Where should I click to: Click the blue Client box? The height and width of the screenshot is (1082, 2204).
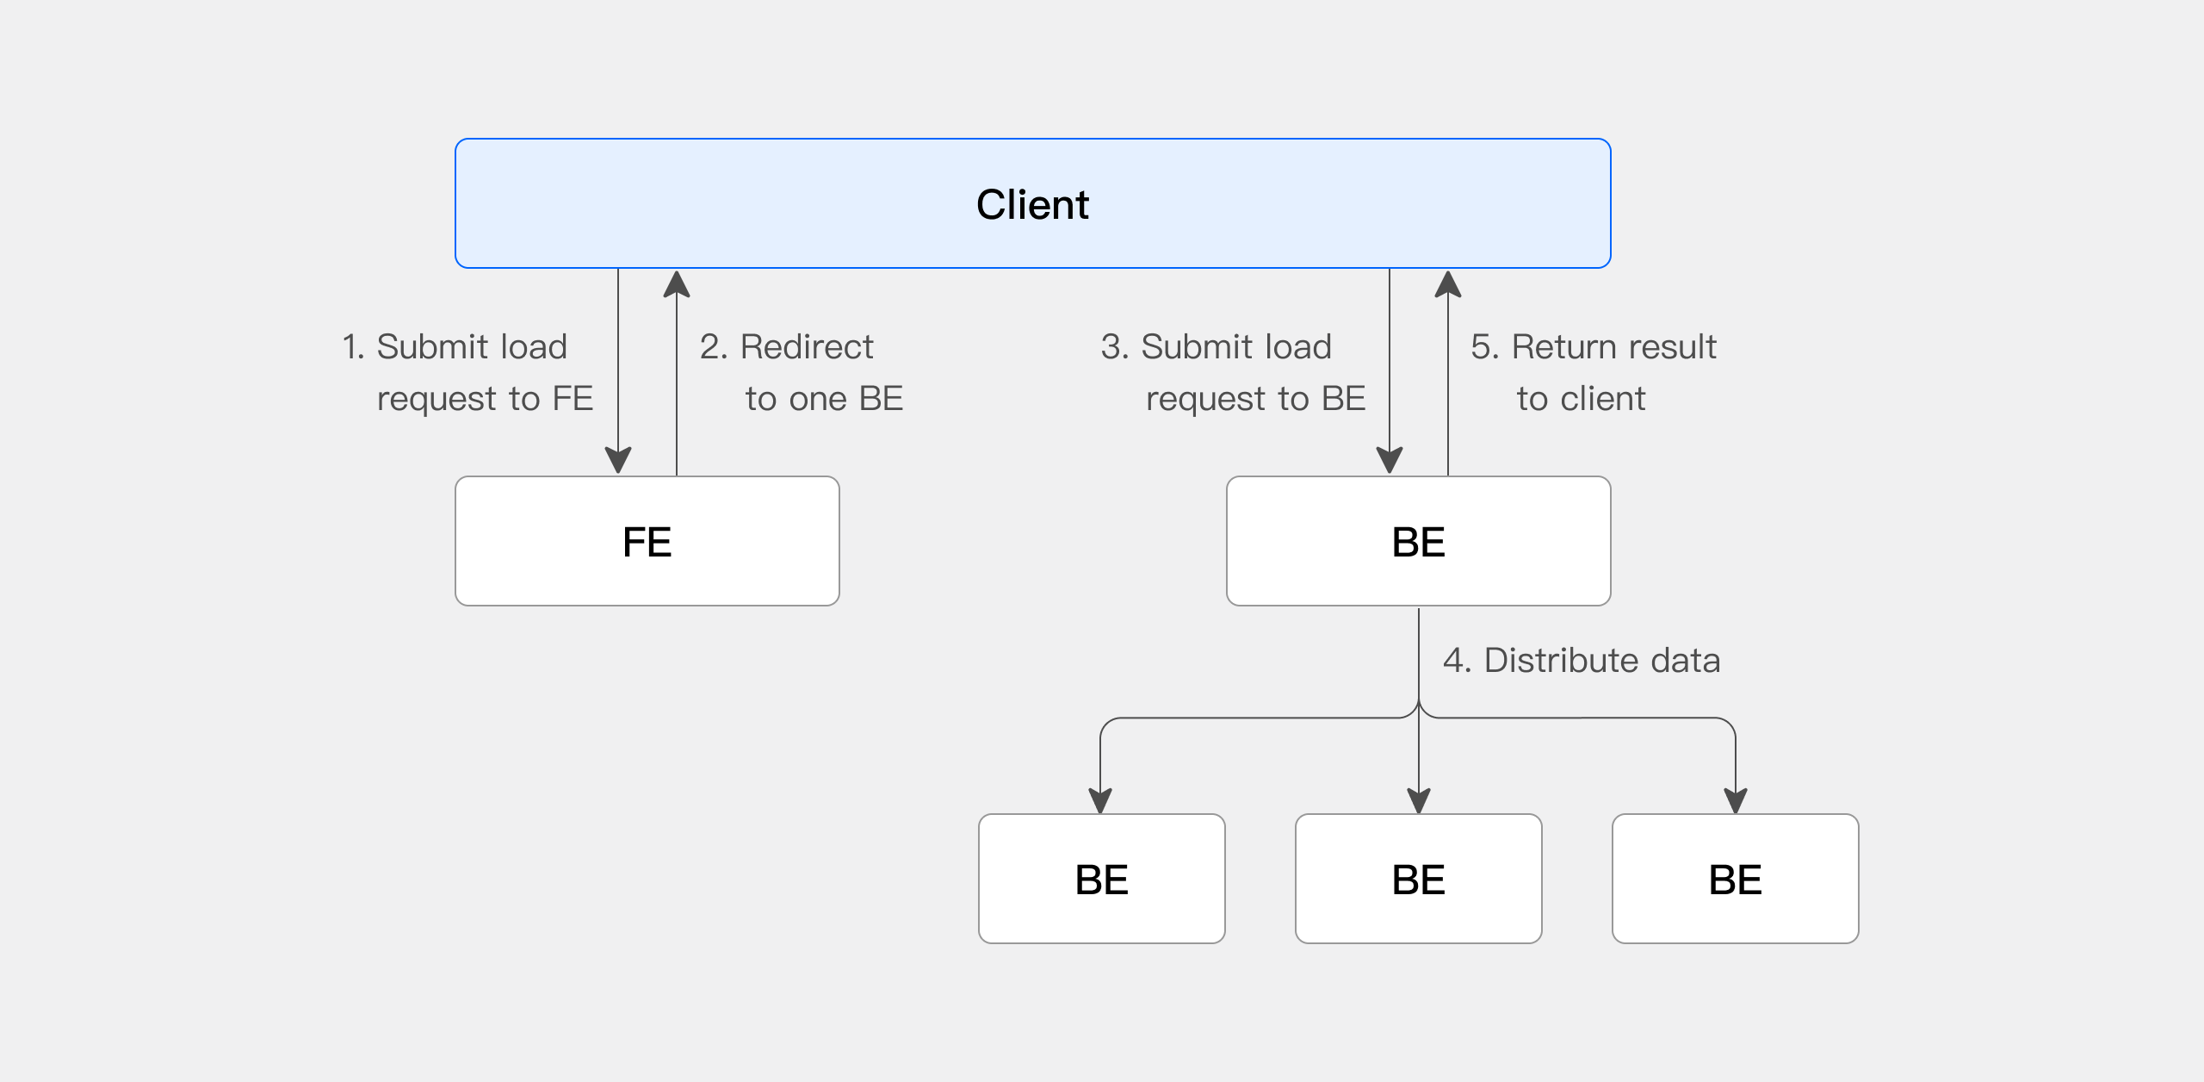click(x=1032, y=203)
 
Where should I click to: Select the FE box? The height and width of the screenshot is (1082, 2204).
click(x=647, y=541)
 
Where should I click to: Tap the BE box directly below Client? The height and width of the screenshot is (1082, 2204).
click(x=1418, y=541)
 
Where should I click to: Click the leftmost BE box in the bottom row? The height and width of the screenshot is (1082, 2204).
click(x=1101, y=879)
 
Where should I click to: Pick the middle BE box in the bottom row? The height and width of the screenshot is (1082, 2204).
click(x=1418, y=879)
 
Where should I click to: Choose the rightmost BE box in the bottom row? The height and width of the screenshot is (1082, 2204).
click(x=1735, y=879)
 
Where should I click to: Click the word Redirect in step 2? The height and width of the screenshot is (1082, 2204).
click(x=807, y=347)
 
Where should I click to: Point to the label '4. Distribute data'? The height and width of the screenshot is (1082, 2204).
click(x=1582, y=661)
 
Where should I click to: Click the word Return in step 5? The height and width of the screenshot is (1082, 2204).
click(x=1563, y=347)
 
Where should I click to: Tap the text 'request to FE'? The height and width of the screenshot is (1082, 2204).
click(x=485, y=399)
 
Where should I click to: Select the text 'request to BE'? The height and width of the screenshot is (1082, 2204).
click(x=1255, y=399)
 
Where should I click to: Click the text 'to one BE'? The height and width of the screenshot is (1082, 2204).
click(x=824, y=399)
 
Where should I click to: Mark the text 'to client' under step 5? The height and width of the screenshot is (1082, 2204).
click(x=1581, y=399)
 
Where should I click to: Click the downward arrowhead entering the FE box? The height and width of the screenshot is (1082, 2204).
click(x=618, y=461)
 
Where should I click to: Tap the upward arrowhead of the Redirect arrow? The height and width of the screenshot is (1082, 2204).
click(x=677, y=284)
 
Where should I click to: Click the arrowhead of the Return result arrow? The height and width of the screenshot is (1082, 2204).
click(x=1448, y=284)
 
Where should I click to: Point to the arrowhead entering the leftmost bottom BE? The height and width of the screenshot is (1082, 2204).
click(x=1100, y=801)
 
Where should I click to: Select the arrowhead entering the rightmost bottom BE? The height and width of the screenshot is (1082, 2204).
click(x=1736, y=801)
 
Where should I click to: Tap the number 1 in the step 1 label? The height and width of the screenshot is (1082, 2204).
click(x=349, y=347)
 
